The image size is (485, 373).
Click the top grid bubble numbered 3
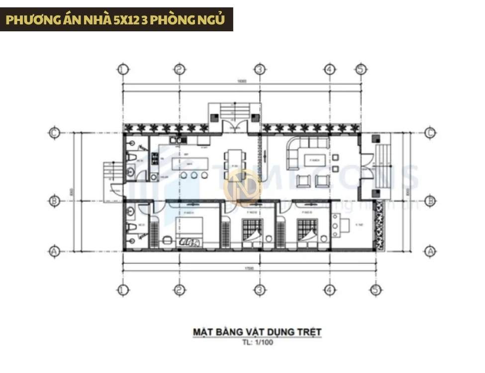click(x=259, y=69)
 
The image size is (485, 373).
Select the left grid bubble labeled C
click(x=54, y=133)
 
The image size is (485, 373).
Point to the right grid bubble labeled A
click(x=431, y=251)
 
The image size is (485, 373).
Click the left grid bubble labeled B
click(x=54, y=201)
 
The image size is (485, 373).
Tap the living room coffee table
click(x=313, y=161)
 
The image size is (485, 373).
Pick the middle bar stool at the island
click(x=193, y=175)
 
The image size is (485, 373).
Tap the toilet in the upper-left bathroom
click(x=131, y=158)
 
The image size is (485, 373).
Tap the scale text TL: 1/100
click(x=257, y=342)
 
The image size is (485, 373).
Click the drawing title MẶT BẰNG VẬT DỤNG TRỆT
click(x=257, y=331)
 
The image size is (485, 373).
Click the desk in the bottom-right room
click(x=336, y=227)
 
